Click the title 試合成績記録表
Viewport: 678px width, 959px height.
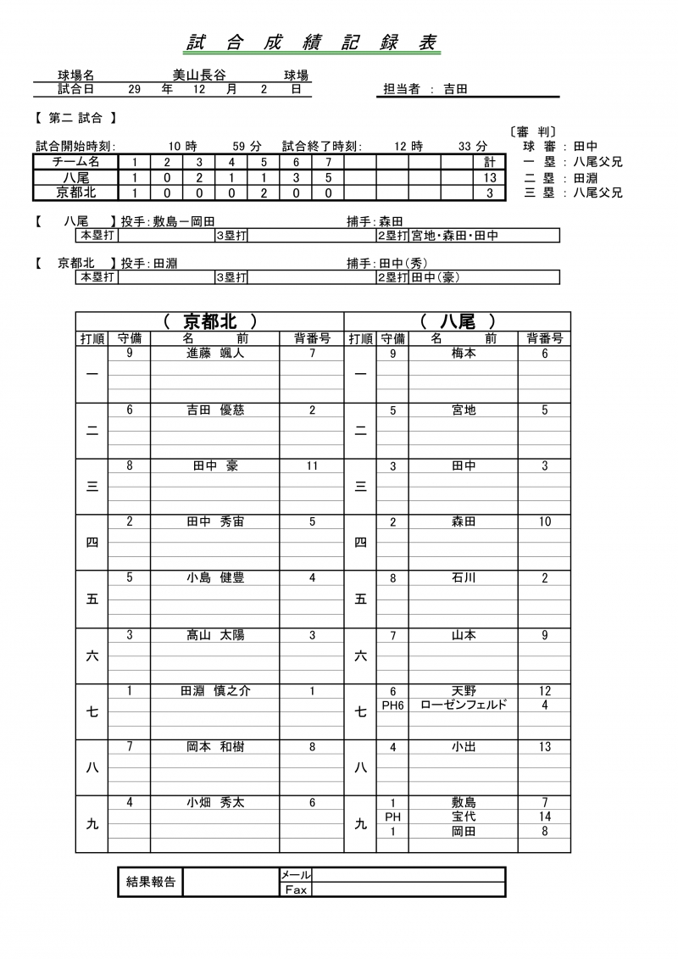point(313,43)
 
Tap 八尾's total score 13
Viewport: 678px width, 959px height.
point(489,178)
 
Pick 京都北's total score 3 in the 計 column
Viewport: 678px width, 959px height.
point(489,193)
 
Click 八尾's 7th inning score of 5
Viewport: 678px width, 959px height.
point(328,178)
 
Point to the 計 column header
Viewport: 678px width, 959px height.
point(489,162)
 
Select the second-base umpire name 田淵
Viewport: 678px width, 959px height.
point(586,178)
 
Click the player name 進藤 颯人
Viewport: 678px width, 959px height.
point(215,354)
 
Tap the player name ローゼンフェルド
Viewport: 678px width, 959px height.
point(464,705)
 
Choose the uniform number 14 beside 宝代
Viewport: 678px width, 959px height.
point(545,817)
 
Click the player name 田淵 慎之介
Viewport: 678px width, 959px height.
point(215,691)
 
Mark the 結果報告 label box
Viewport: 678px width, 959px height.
point(150,882)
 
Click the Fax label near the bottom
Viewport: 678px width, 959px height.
point(296,889)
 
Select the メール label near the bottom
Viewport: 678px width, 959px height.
point(296,874)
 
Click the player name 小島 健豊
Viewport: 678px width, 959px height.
point(215,578)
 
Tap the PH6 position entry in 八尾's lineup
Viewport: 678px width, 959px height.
point(392,705)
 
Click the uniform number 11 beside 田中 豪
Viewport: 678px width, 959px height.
point(312,466)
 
